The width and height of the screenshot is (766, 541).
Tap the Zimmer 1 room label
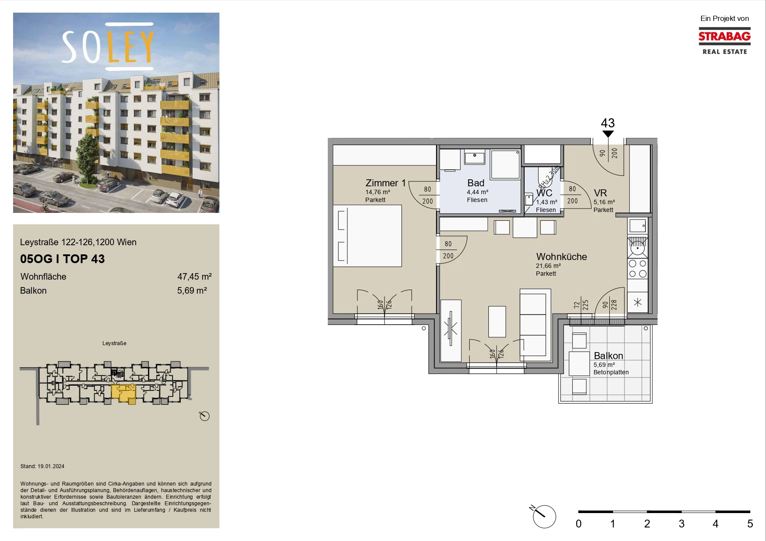coord(385,183)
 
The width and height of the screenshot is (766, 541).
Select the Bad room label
coord(476,183)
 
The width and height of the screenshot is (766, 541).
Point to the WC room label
coord(544,193)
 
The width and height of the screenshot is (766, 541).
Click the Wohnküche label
coord(561,257)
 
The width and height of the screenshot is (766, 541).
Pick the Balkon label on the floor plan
coord(608,356)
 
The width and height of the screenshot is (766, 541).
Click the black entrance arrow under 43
coord(608,134)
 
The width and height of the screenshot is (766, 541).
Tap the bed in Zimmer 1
coord(368,236)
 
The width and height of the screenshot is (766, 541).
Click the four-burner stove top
coord(638,269)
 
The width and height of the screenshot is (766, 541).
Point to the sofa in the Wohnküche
coord(533,323)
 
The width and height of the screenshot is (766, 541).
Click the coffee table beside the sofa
coord(497,322)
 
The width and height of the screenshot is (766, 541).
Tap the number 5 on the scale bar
coord(750,524)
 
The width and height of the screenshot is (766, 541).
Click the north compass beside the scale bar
coord(544,517)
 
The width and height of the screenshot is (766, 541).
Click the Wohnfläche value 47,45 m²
coord(194,277)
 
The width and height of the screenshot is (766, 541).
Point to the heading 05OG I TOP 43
coord(62,259)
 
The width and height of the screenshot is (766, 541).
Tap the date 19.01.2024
coord(51,466)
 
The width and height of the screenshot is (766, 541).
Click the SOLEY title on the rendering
coord(108,46)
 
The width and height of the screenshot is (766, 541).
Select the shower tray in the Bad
coord(505,164)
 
